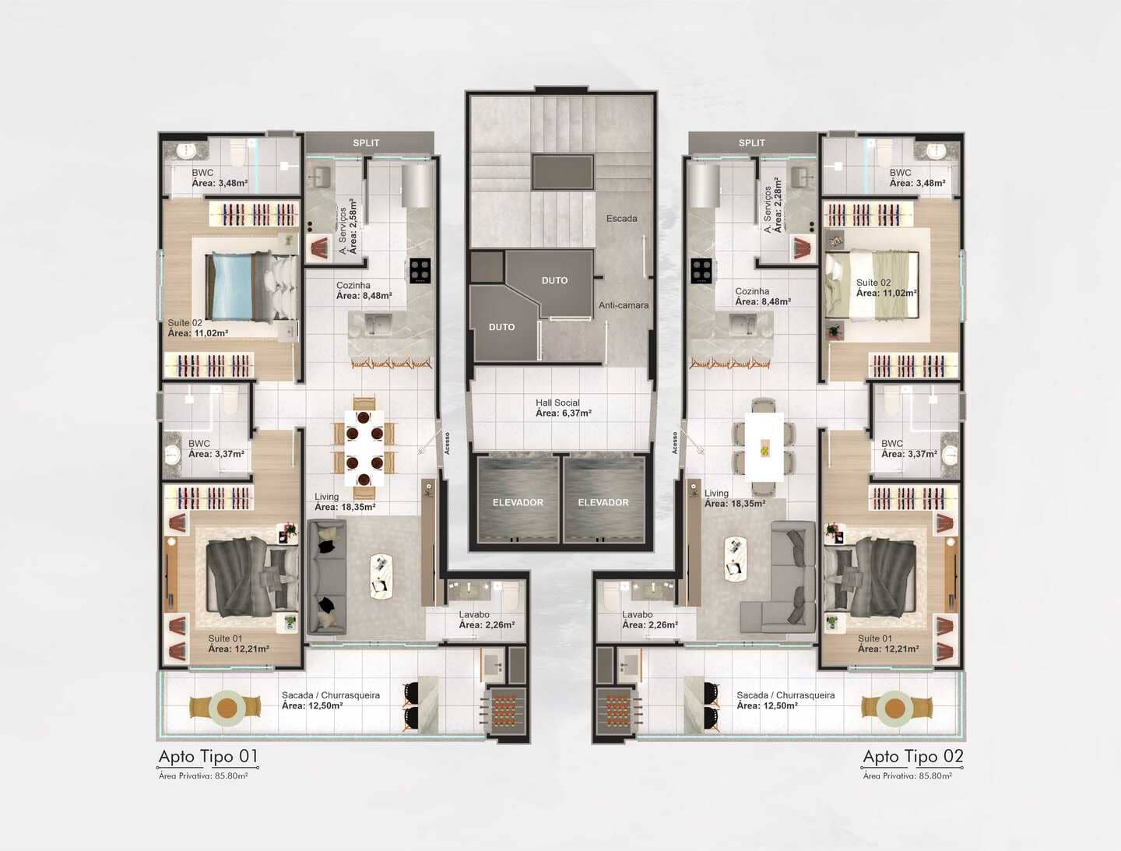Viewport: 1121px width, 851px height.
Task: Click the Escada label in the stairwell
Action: click(621, 219)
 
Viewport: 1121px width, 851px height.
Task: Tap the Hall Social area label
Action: click(564, 408)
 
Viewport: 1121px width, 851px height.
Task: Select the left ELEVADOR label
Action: click(518, 503)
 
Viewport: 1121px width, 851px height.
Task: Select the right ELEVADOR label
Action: click(603, 503)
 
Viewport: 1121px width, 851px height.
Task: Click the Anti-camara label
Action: click(624, 305)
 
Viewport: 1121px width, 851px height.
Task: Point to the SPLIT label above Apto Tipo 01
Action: click(366, 143)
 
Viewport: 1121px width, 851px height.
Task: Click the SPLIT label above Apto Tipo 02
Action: click(752, 143)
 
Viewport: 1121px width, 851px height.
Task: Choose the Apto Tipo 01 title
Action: click(209, 756)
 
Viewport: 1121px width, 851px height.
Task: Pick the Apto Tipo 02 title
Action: click(913, 756)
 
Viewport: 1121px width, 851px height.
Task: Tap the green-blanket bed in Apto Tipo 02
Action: click(872, 285)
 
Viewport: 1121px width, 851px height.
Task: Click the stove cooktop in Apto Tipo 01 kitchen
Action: click(420, 271)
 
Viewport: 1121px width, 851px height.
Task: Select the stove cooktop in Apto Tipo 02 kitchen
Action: click(701, 271)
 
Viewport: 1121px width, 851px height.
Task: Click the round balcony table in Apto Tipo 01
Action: click(227, 708)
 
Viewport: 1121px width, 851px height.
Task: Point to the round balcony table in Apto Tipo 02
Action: click(895, 708)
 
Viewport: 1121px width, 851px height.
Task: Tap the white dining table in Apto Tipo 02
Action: click(764, 448)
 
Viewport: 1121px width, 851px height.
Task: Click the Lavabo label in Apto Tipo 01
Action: click(474, 614)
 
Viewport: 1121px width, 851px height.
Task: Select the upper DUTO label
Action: click(554, 280)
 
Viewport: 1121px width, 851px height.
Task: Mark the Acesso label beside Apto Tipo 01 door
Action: click(448, 443)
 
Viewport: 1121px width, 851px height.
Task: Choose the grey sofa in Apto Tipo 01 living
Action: click(327, 577)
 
